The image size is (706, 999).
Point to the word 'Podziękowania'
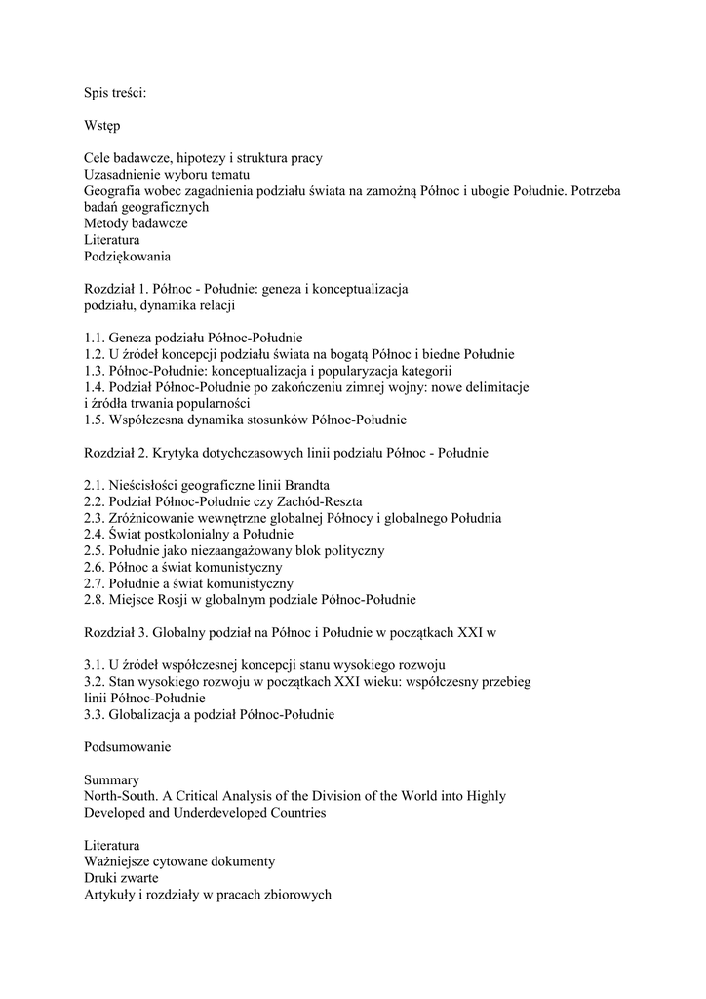coord(127,257)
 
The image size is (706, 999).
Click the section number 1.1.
coord(95,338)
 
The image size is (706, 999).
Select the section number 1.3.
coord(95,371)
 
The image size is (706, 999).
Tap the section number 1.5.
coord(95,420)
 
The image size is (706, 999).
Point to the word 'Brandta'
coord(305,486)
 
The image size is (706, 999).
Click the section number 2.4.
coord(95,535)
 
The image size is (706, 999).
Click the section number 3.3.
coord(95,715)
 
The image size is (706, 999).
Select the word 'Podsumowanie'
coord(127,747)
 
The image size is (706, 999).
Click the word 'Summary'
coord(111,780)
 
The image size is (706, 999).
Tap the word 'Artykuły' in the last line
coord(110,895)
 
